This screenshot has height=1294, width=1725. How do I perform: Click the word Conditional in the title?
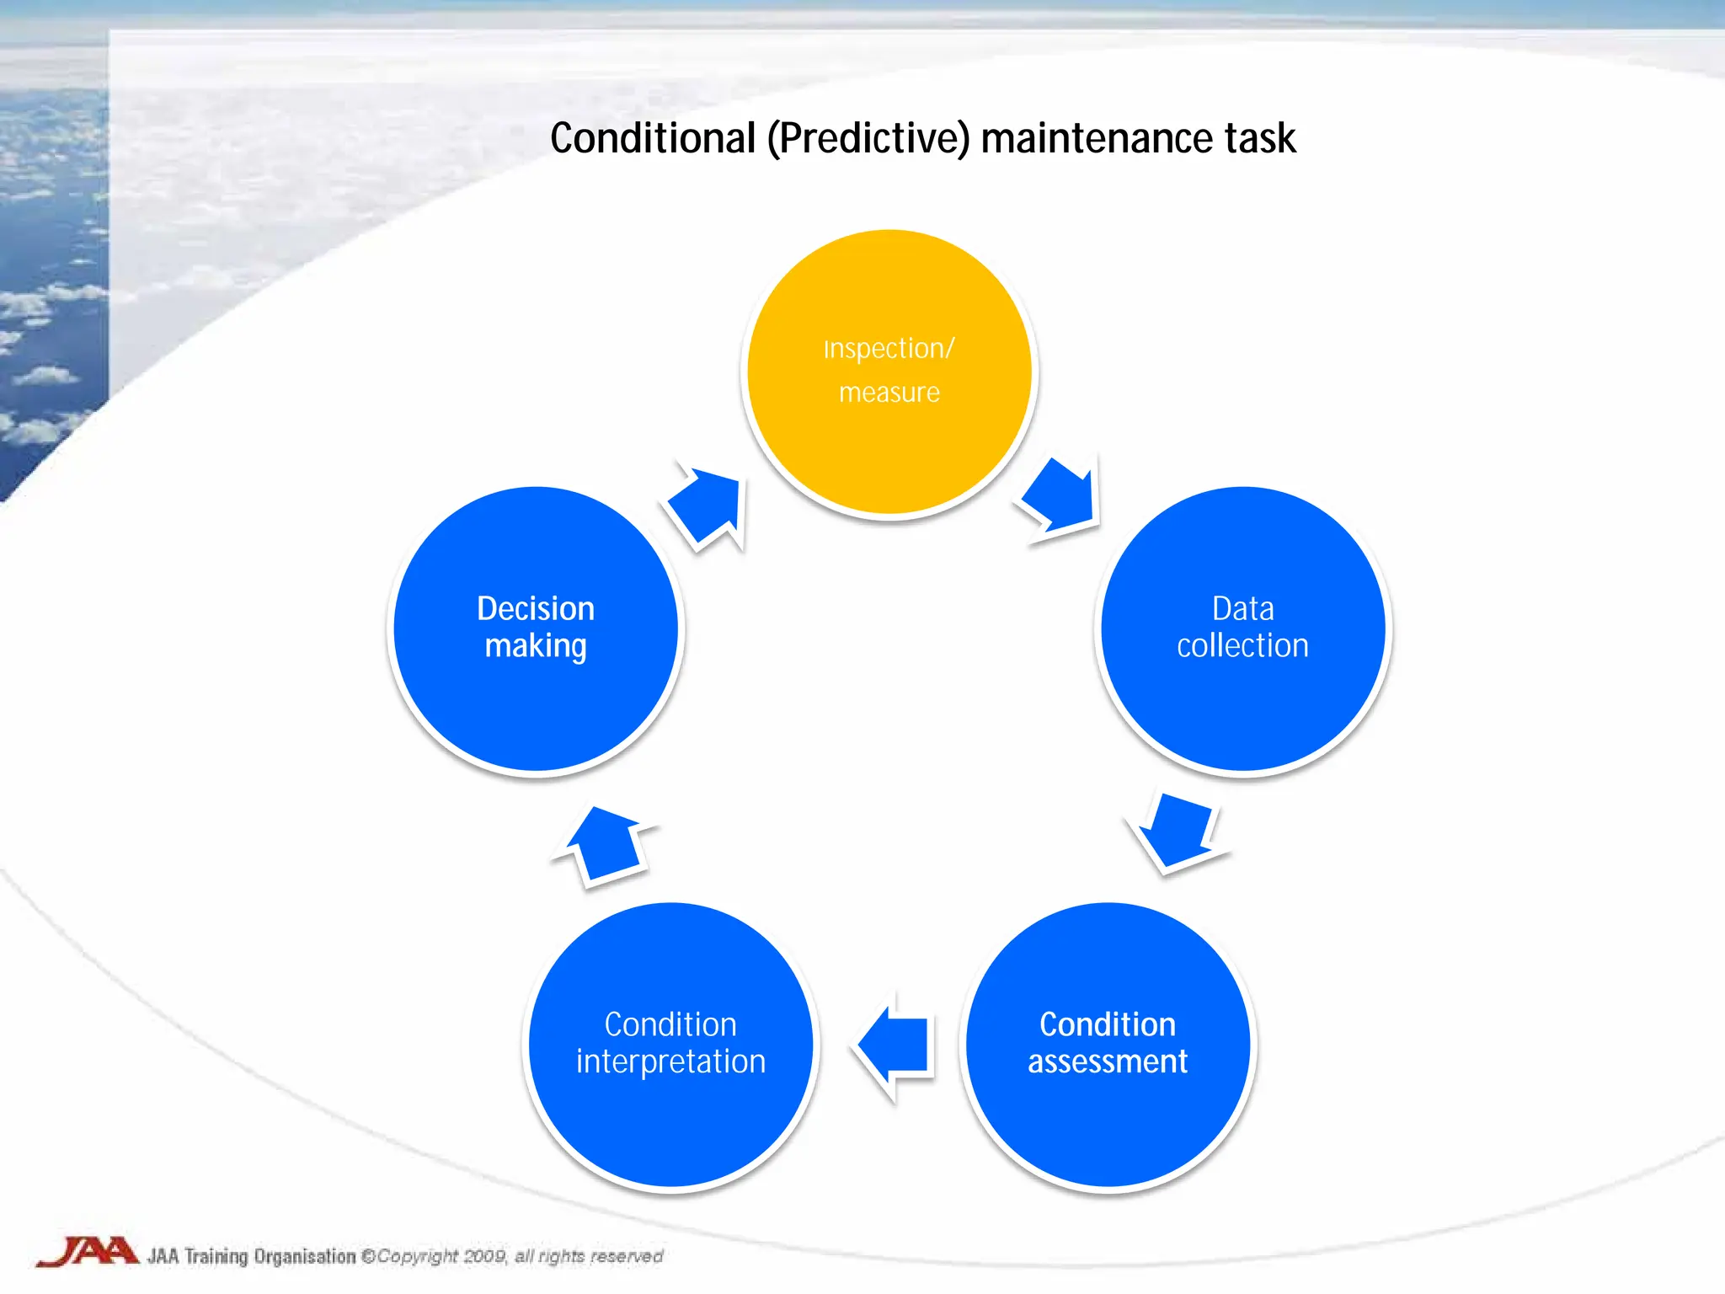(x=653, y=138)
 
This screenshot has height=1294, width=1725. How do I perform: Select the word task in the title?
(x=1260, y=138)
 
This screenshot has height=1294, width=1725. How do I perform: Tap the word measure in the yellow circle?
(x=889, y=393)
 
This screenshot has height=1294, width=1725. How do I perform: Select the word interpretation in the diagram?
(x=670, y=1061)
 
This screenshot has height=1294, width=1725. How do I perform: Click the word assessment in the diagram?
(x=1108, y=1061)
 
